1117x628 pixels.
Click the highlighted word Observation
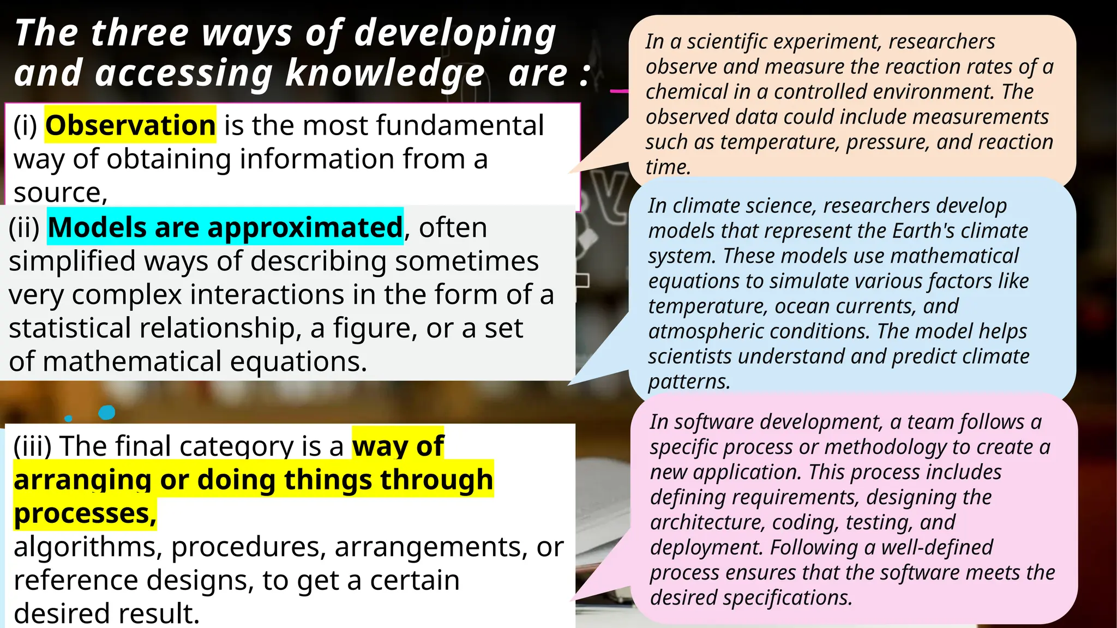click(130, 125)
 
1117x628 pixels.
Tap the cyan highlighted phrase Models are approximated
click(225, 227)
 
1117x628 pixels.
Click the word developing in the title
click(455, 34)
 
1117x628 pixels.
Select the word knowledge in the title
click(385, 74)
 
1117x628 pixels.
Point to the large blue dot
click(107, 413)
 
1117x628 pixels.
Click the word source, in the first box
click(61, 193)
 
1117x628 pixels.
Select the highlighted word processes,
click(85, 514)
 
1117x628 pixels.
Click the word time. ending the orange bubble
click(668, 167)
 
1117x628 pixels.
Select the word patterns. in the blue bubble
click(688, 382)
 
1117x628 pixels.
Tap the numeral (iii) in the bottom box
click(32, 446)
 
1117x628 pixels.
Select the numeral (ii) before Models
click(24, 228)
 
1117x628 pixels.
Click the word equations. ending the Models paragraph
click(298, 362)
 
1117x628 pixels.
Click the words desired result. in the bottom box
click(106, 614)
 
